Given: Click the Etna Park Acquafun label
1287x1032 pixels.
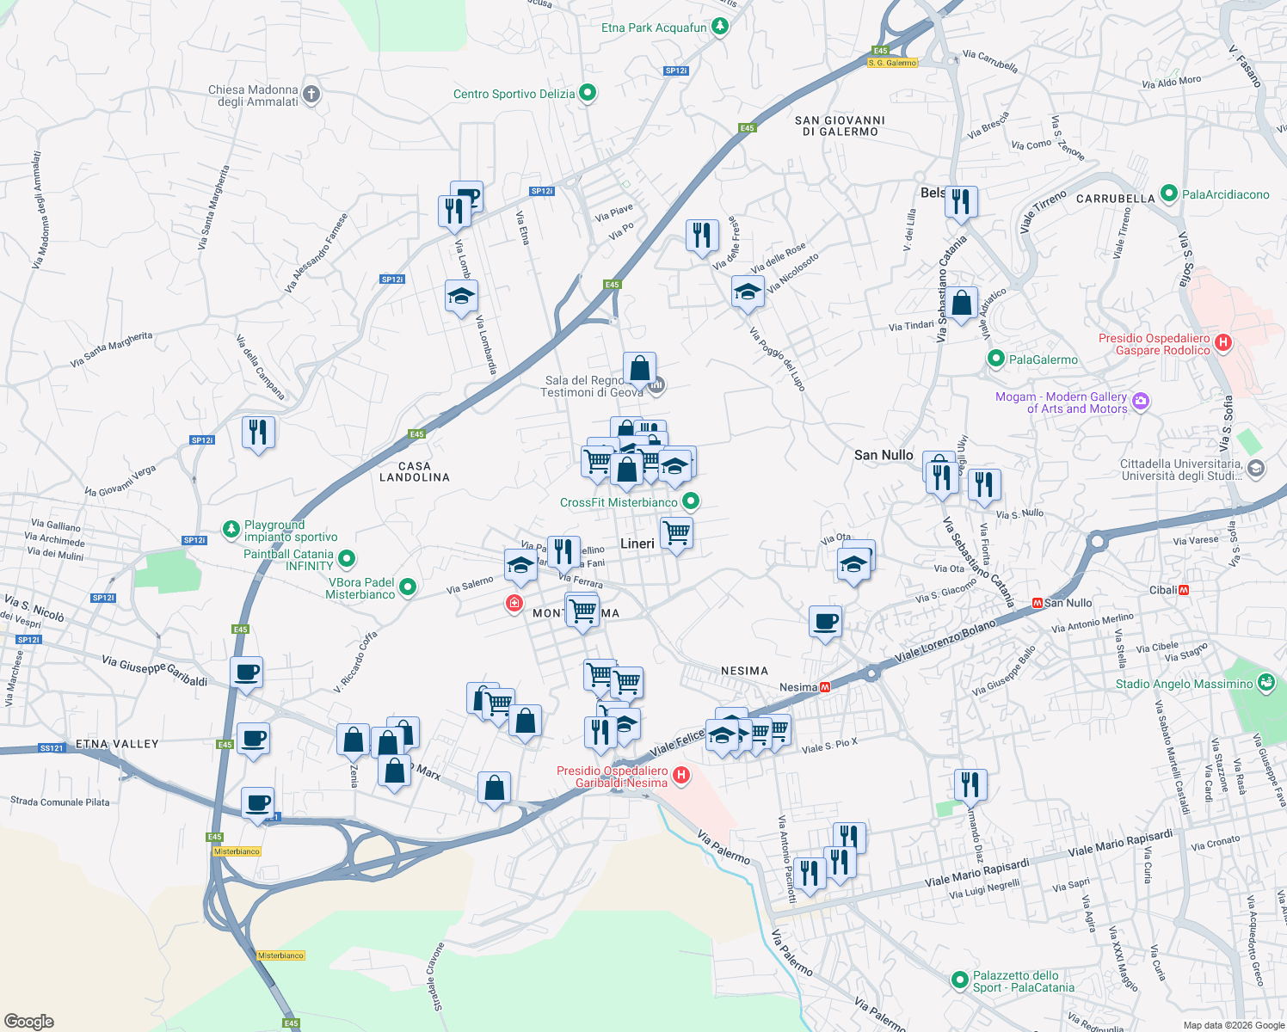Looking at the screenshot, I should pyautogui.click(x=654, y=28).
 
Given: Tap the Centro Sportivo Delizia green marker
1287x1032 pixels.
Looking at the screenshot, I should pyautogui.click(x=588, y=93).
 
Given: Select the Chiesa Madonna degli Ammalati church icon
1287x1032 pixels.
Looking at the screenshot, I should pyautogui.click(x=311, y=94).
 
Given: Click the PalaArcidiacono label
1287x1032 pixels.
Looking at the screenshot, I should pyautogui.click(x=1225, y=194).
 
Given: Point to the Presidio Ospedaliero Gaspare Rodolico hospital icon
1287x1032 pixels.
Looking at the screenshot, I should pyautogui.click(x=1223, y=342).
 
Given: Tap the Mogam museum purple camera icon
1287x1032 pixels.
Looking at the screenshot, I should pyautogui.click(x=1141, y=401).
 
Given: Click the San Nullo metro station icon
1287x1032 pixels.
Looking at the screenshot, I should pyautogui.click(x=1037, y=603).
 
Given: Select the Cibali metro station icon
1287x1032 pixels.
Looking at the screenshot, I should pyautogui.click(x=1185, y=590).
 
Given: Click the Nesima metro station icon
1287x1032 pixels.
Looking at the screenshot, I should pyautogui.click(x=825, y=687).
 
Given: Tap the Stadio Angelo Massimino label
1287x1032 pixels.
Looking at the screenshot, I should pyautogui.click(x=1184, y=684).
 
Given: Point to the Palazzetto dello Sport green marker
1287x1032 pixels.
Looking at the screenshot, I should pyautogui.click(x=960, y=980).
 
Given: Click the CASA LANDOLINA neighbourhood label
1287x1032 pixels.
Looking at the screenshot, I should pyautogui.click(x=415, y=471).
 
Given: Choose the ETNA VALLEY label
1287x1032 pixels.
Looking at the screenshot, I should pyautogui.click(x=117, y=744).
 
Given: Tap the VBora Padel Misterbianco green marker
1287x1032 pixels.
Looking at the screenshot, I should pyautogui.click(x=408, y=587).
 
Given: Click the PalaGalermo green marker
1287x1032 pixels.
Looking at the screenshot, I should pyautogui.click(x=996, y=359).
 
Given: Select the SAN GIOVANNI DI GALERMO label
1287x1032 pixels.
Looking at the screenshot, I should pyautogui.click(x=840, y=126).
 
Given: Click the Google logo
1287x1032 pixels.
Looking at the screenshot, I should pyautogui.click(x=28, y=1021).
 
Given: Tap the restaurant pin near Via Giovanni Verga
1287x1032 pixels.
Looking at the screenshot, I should pyautogui.click(x=258, y=433).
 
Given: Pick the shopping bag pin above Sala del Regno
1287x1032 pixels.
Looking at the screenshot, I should pyautogui.click(x=640, y=368).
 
